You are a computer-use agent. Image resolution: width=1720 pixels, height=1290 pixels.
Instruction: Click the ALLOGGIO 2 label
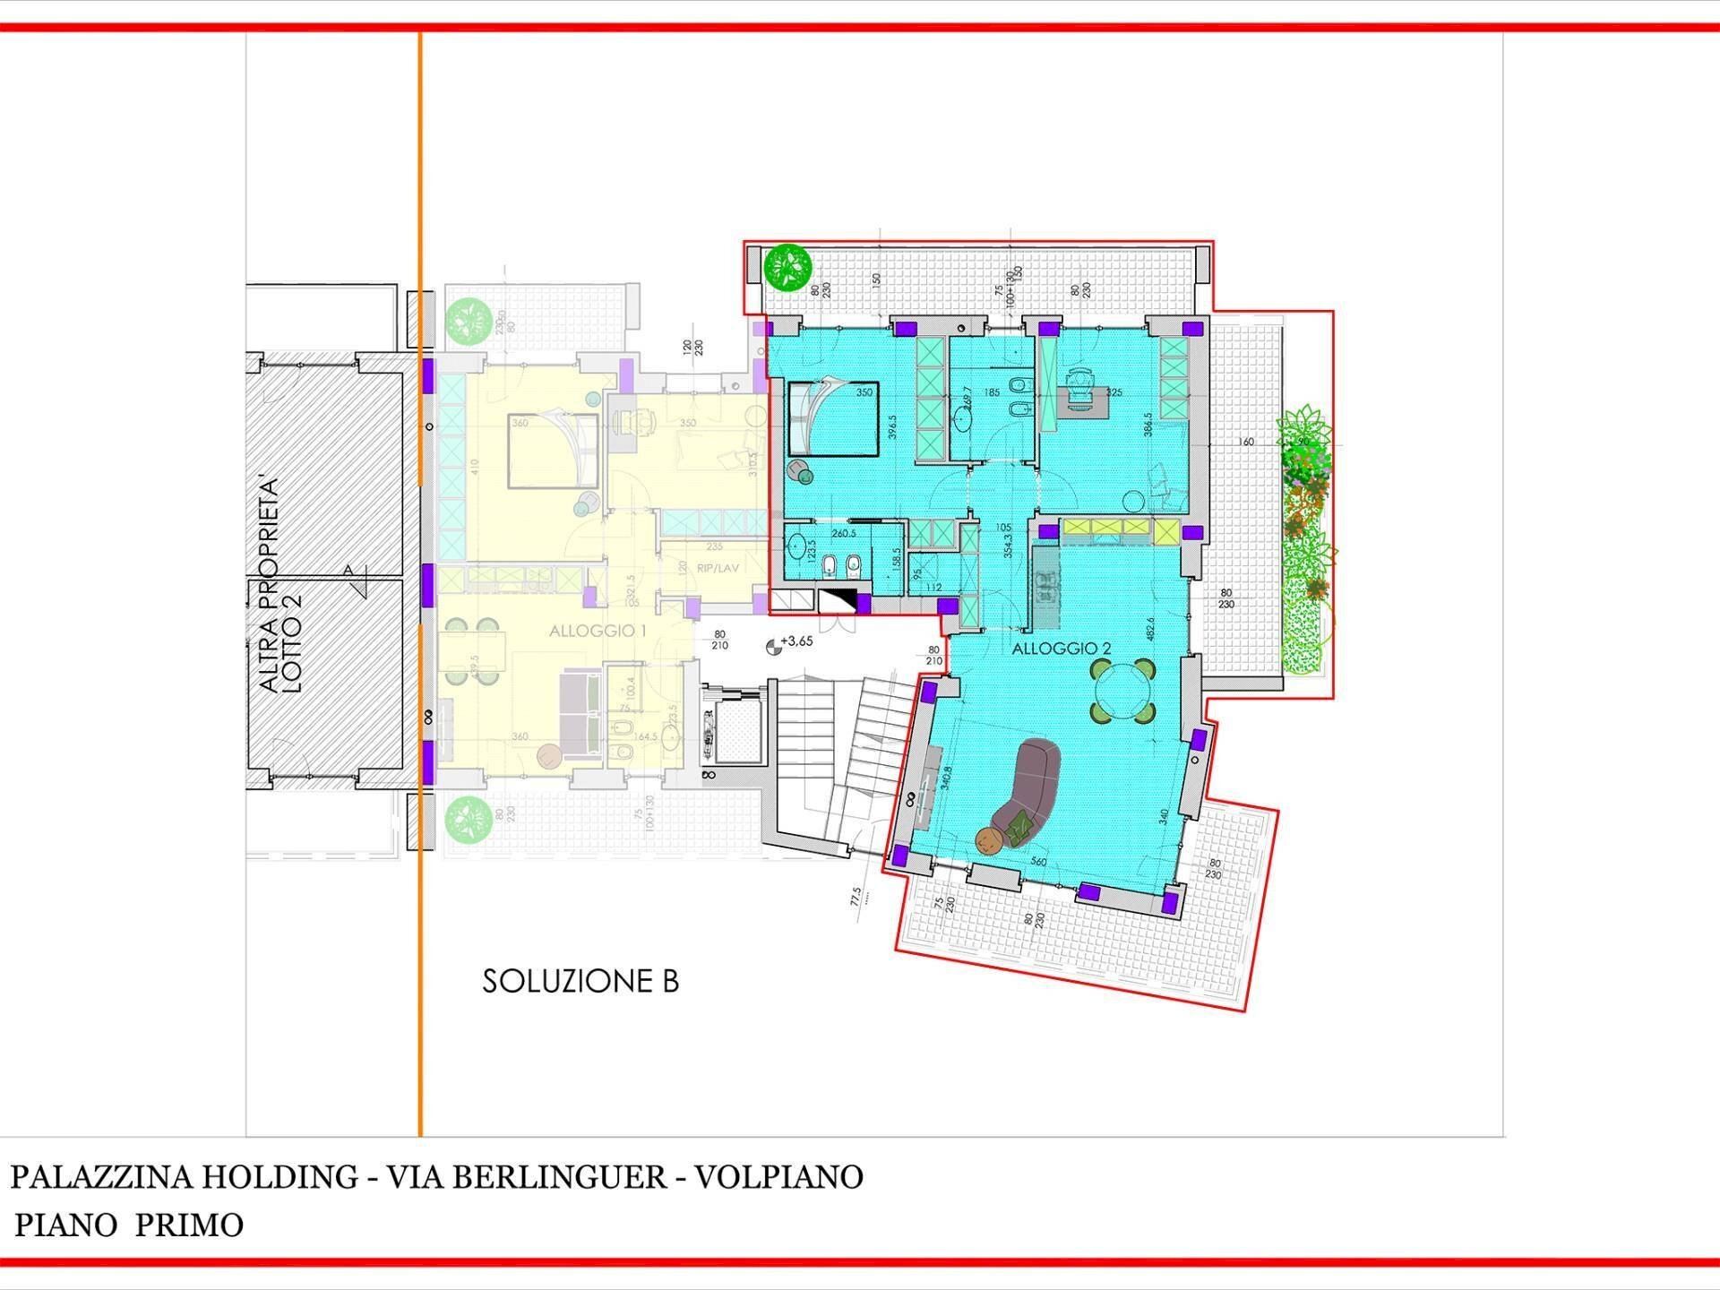pyautogui.click(x=1061, y=649)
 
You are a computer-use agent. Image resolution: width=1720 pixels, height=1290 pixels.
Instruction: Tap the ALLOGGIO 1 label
pyautogui.click(x=598, y=631)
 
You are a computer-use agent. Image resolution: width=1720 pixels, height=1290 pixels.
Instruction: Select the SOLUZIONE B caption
pyautogui.click(x=580, y=981)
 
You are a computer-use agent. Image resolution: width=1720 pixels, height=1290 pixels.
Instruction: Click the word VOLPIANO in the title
pyautogui.click(x=778, y=1177)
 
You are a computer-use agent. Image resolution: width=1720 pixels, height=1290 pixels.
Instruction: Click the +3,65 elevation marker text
pyautogui.click(x=796, y=641)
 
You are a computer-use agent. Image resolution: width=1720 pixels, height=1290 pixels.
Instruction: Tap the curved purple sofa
pyautogui.click(x=1030, y=788)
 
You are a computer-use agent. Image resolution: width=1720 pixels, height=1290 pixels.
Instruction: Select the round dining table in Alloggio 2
pyautogui.click(x=1122, y=690)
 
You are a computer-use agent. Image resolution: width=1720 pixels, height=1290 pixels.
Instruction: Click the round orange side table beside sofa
pyautogui.click(x=990, y=841)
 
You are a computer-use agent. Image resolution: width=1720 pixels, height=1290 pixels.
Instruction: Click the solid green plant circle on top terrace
pyautogui.click(x=787, y=267)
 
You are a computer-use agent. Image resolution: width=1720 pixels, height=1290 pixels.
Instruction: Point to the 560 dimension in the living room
pyautogui.click(x=1038, y=862)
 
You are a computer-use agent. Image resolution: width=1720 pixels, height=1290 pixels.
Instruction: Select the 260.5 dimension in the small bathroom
pyautogui.click(x=843, y=534)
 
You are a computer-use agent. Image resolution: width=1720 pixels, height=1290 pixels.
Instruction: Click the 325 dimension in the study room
pyautogui.click(x=1114, y=392)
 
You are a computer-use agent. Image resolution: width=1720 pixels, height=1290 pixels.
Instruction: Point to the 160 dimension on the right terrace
pyautogui.click(x=1246, y=442)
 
